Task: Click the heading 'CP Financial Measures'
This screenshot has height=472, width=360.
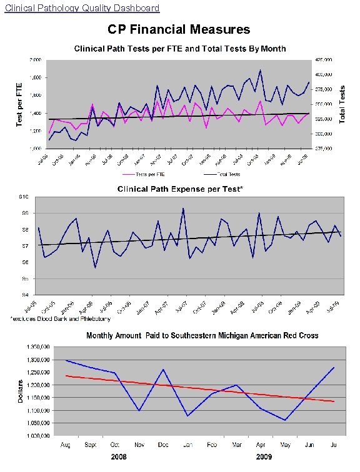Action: click(179, 29)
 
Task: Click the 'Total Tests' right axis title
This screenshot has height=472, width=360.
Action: click(342, 104)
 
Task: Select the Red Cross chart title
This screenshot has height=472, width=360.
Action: click(202, 335)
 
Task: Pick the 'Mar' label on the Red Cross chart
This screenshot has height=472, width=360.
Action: click(236, 444)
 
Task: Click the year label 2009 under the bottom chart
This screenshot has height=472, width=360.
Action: click(264, 458)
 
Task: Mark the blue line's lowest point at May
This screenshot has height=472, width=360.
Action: click(285, 420)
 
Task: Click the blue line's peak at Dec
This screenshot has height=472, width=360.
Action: click(163, 369)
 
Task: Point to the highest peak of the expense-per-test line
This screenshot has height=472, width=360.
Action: click(183, 209)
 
